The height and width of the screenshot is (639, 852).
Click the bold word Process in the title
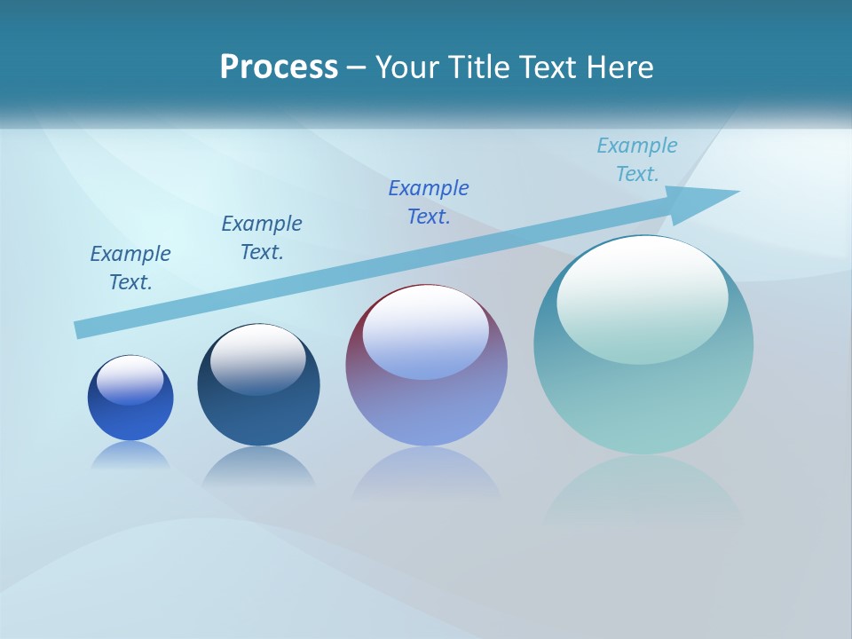click(279, 67)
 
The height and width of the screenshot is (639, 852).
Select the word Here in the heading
click(619, 67)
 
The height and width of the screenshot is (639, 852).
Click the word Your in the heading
click(407, 67)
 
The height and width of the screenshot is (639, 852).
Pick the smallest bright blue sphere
click(130, 417)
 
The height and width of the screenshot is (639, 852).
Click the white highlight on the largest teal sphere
click(642, 301)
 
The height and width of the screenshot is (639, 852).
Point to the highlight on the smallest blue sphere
click(130, 380)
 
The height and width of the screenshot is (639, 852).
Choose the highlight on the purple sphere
click(426, 331)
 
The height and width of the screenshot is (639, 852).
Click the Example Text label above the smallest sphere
click(130, 268)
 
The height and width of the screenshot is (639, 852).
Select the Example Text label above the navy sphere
click(262, 238)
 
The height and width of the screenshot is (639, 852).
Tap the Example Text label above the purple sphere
click(429, 202)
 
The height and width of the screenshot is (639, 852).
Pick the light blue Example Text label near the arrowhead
click(637, 160)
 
